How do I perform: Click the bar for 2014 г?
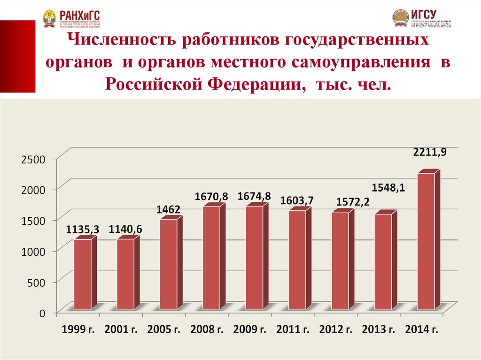(x=426, y=241)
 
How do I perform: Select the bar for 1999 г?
(x=83, y=275)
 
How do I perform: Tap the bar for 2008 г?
(x=211, y=258)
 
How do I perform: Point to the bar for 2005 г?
(x=169, y=264)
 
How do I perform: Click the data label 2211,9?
(x=430, y=152)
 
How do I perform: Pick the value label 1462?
(x=169, y=209)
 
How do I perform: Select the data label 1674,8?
(x=255, y=196)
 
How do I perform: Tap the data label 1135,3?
(x=82, y=230)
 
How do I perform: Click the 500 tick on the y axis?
(x=36, y=282)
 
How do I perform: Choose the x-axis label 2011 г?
(x=293, y=329)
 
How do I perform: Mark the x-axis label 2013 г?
(x=379, y=329)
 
